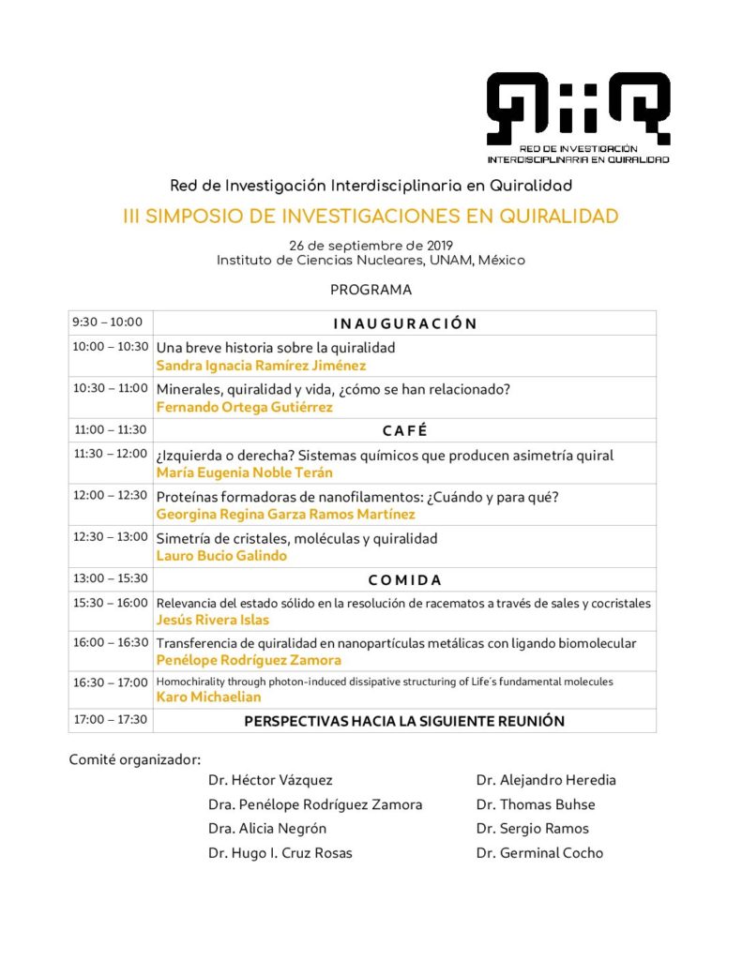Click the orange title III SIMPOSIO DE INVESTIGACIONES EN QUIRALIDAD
tap(371, 217)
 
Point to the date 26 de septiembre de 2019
tap(371, 246)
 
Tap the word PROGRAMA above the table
tap(371, 291)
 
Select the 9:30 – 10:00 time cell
tap(108, 322)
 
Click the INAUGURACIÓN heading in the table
tap(404, 323)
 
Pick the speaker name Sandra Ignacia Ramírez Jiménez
tap(261, 366)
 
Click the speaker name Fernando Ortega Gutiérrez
tap(244, 407)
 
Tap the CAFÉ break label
tap(404, 430)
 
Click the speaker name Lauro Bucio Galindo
tap(221, 555)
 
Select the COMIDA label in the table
tap(404, 579)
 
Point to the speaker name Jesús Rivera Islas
tap(214, 620)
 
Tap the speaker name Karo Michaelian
tap(207, 697)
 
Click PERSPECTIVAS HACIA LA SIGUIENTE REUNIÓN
tap(404, 721)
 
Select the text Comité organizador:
tap(135, 758)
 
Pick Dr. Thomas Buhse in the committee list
tap(535, 804)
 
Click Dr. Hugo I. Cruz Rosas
tap(281, 853)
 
